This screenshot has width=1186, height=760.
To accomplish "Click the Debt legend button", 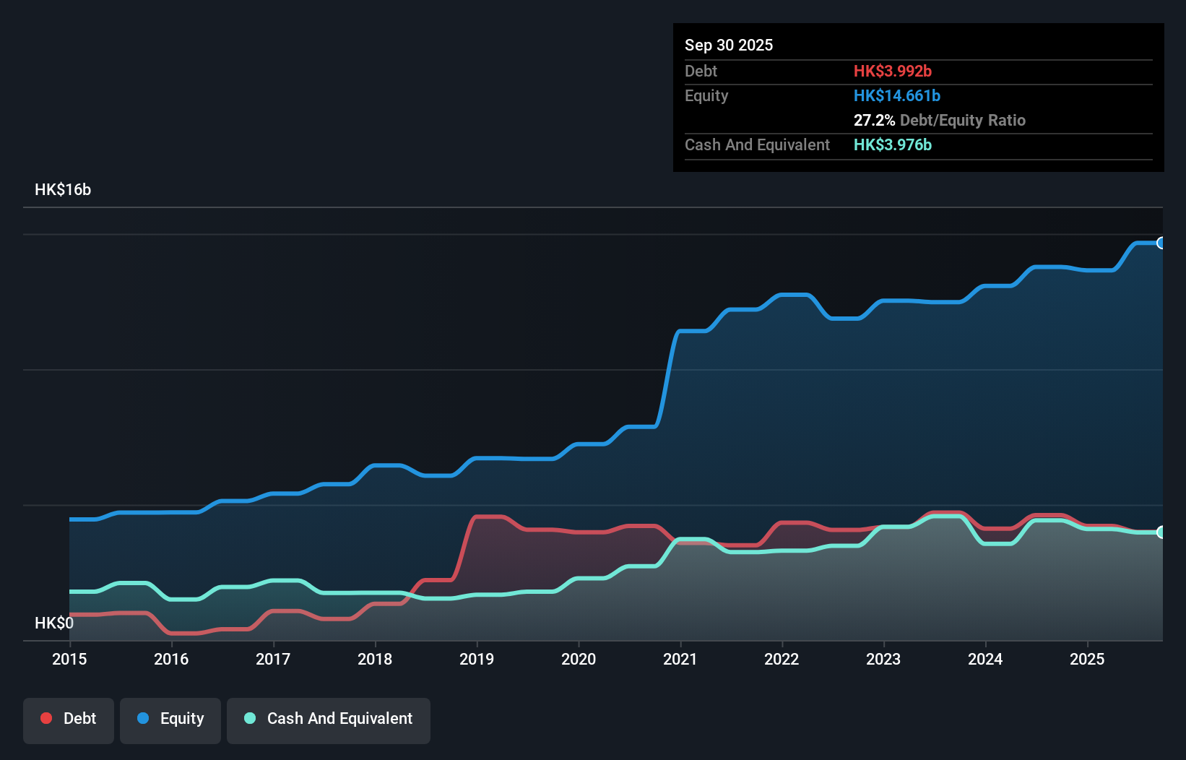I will pyautogui.click(x=69, y=719).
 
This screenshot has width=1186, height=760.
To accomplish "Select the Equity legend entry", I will pyautogui.click(x=170, y=719).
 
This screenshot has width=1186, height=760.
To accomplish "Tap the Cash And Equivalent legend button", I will pyautogui.click(x=329, y=719).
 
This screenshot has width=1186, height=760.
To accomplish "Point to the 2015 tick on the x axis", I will pyautogui.click(x=69, y=659).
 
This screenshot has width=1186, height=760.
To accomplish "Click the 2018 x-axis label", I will pyautogui.click(x=375, y=659).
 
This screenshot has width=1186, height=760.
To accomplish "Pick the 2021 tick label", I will pyautogui.click(x=680, y=659).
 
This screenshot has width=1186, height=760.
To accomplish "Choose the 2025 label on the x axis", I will pyautogui.click(x=1087, y=659).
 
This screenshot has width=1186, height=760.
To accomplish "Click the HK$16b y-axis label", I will pyautogui.click(x=63, y=190).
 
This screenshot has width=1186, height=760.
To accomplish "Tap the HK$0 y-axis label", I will pyautogui.click(x=53, y=623).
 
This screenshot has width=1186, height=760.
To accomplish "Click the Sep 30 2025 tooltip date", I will pyautogui.click(x=729, y=45).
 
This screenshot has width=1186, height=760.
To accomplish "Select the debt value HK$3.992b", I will pyautogui.click(x=892, y=71).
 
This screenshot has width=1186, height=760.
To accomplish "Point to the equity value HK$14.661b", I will pyautogui.click(x=896, y=95).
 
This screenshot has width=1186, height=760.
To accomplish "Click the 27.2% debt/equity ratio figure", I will pyautogui.click(x=874, y=120).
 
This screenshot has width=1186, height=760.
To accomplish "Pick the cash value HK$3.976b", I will pyautogui.click(x=892, y=144).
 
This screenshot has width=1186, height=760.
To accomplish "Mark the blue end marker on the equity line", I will pyautogui.click(x=1161, y=243).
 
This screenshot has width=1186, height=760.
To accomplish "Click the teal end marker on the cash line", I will pyautogui.click(x=1161, y=532).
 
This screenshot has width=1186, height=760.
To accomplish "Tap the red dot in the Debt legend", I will pyautogui.click(x=46, y=718).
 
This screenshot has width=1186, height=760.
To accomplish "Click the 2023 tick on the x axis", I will pyautogui.click(x=883, y=659).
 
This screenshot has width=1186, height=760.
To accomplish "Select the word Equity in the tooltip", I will pyautogui.click(x=706, y=95).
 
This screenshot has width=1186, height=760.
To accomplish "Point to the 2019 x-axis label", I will pyautogui.click(x=477, y=659).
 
